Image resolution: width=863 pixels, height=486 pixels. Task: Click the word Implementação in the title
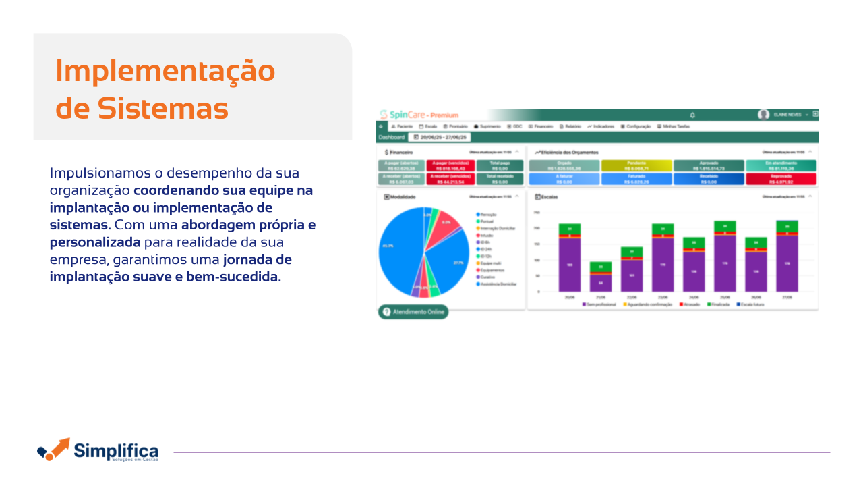[x=165, y=71]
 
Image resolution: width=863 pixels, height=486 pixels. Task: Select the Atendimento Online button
[x=413, y=312]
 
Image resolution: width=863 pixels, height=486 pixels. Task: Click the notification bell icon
[x=692, y=115]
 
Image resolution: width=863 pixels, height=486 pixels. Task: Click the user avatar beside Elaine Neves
[x=763, y=115]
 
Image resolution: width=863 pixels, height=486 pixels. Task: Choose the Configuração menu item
[x=635, y=126]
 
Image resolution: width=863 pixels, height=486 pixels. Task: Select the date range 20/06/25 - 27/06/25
[x=440, y=137]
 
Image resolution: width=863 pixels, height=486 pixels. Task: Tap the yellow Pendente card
[x=636, y=165]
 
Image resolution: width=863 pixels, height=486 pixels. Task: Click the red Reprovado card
[x=781, y=179]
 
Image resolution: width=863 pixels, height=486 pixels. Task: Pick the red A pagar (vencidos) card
[x=450, y=165]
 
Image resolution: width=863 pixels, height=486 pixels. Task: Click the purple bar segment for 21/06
[x=600, y=283]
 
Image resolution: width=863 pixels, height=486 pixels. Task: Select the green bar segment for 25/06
[x=725, y=226]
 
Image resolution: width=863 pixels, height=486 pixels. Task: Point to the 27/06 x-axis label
[x=787, y=297]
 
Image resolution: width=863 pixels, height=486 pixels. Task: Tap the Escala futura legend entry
[x=750, y=304]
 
